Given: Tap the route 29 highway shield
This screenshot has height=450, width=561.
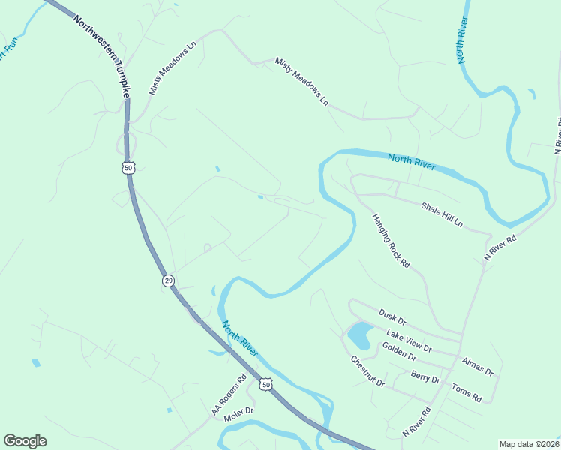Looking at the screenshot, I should pos(168,280).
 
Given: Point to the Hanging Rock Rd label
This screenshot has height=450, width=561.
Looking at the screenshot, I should pos(391,241).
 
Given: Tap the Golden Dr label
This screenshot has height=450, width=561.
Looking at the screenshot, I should pos(399,349).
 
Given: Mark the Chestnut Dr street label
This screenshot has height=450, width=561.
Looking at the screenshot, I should pos(367,370).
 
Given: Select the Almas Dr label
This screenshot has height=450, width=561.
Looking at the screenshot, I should pos(478,366).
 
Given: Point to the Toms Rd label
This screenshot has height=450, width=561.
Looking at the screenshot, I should pos(466,391).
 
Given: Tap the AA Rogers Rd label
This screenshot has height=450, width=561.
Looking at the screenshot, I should pos(229,395).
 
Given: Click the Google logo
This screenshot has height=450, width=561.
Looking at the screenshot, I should pos(25,441).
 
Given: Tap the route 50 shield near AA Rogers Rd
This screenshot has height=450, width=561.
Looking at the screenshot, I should pos(265,384).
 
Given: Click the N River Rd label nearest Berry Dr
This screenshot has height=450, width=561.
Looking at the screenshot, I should pos(417,421).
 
